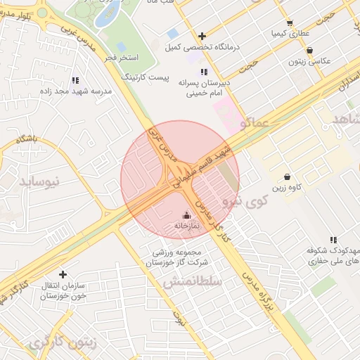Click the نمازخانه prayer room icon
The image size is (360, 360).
[x=186, y=215]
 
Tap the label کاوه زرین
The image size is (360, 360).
[x=288, y=188]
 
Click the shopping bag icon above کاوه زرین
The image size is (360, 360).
[x=288, y=176]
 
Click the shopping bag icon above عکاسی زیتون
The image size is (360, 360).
[x=311, y=50]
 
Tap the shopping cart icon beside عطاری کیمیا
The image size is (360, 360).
[x=290, y=23]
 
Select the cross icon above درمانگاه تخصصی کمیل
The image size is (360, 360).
[x=202, y=36]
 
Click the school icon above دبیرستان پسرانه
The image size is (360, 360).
[x=204, y=72]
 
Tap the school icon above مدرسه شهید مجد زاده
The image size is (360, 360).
[x=75, y=80]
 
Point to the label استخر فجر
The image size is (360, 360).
[x=124, y=56]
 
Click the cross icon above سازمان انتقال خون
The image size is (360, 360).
[x=63, y=274]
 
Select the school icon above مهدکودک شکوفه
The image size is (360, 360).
[x=333, y=240]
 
